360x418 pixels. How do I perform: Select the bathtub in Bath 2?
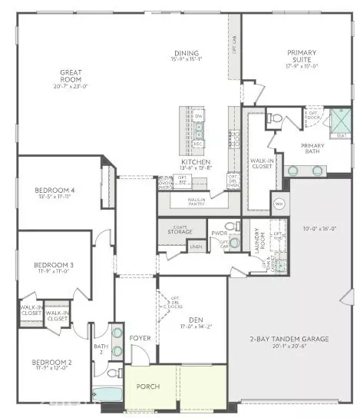[107, 394]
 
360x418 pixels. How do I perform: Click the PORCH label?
[148, 386]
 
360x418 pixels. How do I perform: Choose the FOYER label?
[140, 336]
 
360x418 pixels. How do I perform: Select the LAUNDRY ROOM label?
[258, 239]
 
